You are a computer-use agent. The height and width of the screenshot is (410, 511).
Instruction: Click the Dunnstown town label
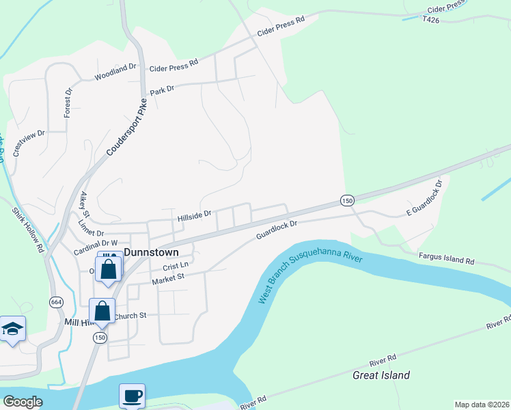click(x=150, y=252)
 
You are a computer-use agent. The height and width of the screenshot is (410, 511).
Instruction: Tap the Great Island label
click(x=381, y=375)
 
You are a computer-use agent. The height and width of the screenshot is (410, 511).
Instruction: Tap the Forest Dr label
click(x=68, y=102)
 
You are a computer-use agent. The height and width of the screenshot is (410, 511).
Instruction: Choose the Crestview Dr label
click(x=28, y=141)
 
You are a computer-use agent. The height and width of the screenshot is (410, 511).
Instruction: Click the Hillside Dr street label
click(x=195, y=217)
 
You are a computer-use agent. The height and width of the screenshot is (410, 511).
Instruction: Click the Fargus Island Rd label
click(x=447, y=258)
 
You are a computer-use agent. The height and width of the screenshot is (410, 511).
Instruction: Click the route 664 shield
click(x=55, y=301)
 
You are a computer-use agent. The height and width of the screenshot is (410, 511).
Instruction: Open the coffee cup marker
click(x=132, y=396)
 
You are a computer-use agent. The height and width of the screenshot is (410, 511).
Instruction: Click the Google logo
click(x=23, y=402)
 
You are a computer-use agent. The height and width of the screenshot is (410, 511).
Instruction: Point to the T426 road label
click(x=431, y=20)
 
